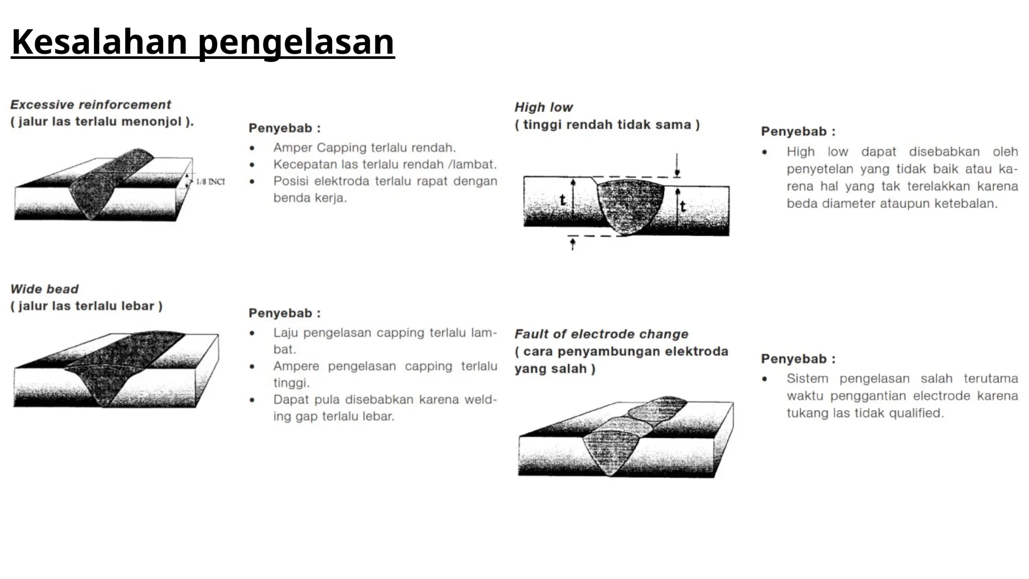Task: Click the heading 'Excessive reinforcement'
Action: (x=90, y=105)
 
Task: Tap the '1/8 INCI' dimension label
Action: (x=210, y=181)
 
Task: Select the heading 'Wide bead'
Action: (x=44, y=289)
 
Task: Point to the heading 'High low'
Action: (x=543, y=107)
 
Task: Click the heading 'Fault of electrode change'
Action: (x=601, y=334)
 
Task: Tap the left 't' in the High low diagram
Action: (x=563, y=200)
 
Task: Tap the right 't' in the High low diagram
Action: (x=683, y=206)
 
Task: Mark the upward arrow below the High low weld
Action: (x=572, y=245)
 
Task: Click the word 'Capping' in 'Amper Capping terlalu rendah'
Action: (x=341, y=148)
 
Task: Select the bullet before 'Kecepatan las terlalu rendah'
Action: (x=252, y=165)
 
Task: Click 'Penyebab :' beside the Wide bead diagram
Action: (x=284, y=313)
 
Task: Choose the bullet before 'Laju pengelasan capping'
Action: (x=252, y=333)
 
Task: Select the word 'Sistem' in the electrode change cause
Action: (x=807, y=378)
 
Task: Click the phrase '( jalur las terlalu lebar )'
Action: (x=86, y=306)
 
